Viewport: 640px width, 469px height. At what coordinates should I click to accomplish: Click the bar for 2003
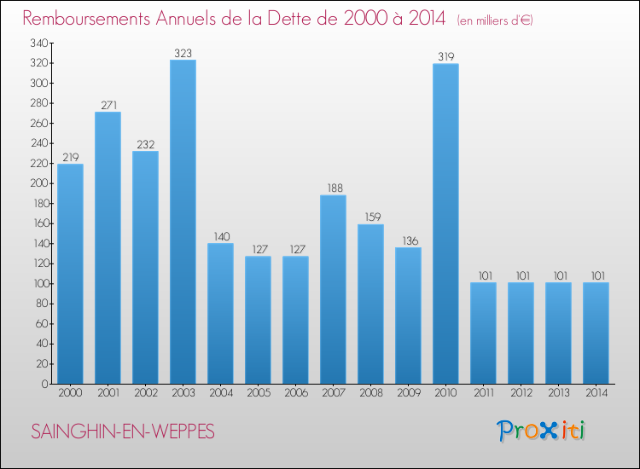[x=183, y=222]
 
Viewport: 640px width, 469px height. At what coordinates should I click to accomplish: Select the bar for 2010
[x=445, y=223]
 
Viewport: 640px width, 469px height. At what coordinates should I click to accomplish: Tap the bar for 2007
[x=333, y=289]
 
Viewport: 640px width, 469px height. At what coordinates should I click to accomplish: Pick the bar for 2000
[x=70, y=274]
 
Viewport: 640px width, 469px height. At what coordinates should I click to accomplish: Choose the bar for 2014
[x=596, y=333]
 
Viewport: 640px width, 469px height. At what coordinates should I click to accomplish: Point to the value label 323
[x=183, y=53]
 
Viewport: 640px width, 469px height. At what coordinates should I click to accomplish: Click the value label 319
[x=445, y=57]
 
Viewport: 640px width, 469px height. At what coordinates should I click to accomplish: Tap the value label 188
[x=333, y=188]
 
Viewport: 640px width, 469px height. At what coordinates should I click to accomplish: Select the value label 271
[x=108, y=105]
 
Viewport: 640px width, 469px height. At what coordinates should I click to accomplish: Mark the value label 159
[x=370, y=217]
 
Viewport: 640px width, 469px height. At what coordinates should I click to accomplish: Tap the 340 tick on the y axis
[x=37, y=43]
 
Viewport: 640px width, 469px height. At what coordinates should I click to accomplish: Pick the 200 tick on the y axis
[x=37, y=183]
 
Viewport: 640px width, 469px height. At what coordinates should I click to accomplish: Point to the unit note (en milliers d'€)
[x=495, y=20]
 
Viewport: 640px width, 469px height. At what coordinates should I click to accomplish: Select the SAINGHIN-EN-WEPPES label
[x=123, y=432]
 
